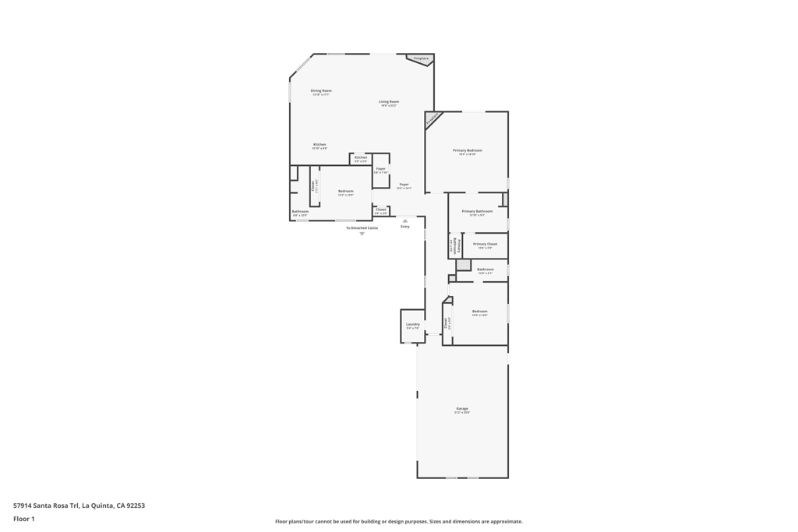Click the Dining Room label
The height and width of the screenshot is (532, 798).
321,91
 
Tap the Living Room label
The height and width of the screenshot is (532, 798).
389,102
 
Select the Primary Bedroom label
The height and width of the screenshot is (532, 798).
468,150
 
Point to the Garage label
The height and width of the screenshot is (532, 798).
462,409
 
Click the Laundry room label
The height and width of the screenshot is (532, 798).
412,325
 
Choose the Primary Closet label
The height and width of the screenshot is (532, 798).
485,245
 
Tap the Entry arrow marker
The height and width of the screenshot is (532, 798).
405,220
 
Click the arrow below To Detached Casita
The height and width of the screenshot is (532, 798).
362,234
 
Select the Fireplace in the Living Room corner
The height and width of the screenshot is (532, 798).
421,59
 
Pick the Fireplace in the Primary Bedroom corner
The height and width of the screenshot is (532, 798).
432,119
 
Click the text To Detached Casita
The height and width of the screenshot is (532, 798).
362,227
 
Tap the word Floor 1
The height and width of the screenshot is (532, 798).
24,519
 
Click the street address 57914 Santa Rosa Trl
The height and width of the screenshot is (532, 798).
46,506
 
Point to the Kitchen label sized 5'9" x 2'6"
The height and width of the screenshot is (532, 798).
361,158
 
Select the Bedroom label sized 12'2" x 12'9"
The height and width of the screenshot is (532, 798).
345,192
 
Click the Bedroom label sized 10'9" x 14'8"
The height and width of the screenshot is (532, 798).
479,312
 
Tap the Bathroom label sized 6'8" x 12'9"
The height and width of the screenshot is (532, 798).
300,212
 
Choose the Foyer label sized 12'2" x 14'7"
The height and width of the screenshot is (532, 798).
404,185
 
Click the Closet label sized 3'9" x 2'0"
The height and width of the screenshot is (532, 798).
380,210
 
